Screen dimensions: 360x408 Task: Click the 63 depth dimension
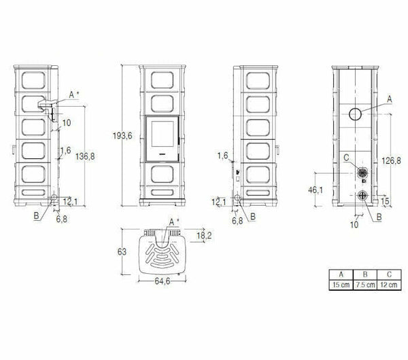point(122,252)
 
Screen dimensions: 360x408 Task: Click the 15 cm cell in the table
point(339,283)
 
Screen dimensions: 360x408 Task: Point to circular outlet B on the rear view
point(362,197)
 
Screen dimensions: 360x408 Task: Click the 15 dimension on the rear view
point(385,201)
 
